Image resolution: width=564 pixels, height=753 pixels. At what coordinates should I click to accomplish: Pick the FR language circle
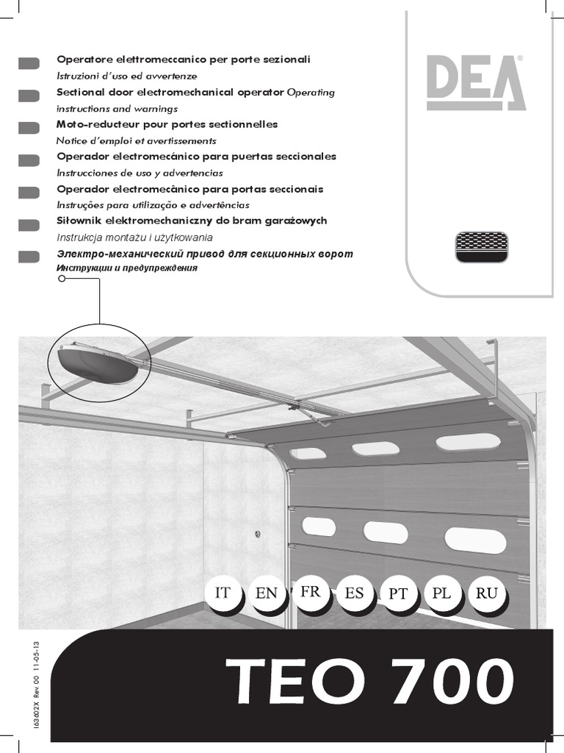pyautogui.click(x=310, y=592)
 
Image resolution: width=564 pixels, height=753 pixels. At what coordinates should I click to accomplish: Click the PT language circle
pyautogui.click(x=398, y=595)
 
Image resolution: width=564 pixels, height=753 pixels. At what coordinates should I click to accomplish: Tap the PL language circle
pyautogui.click(x=442, y=593)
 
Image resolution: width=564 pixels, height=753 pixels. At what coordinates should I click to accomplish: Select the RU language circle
pyautogui.click(x=486, y=593)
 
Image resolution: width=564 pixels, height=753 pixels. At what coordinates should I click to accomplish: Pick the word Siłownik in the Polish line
pyautogui.click(x=78, y=221)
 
